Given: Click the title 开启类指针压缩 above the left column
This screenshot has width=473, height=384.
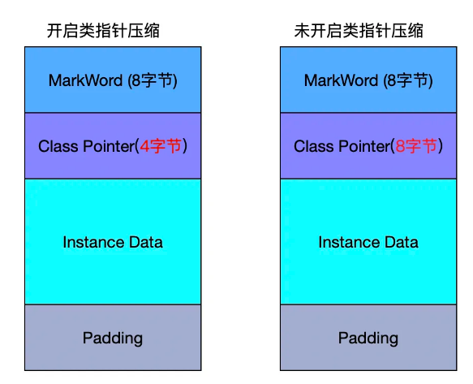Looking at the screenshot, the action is pyautogui.click(x=103, y=31).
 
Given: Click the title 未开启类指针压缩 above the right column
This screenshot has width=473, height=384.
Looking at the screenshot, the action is pyautogui.click(x=359, y=31).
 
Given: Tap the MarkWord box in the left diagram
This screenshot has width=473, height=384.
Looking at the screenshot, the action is pyautogui.click(x=113, y=80).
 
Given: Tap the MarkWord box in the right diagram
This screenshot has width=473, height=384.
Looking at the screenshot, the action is pyautogui.click(x=368, y=80).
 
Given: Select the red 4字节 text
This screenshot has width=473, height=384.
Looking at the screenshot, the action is pyautogui.click(x=161, y=146).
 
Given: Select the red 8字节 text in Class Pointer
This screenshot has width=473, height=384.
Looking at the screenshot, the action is pyautogui.click(x=416, y=146).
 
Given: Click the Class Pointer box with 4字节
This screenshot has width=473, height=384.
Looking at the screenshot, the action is pyautogui.click(x=113, y=146).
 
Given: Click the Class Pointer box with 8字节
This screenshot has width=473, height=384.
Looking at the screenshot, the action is pyautogui.click(x=368, y=146).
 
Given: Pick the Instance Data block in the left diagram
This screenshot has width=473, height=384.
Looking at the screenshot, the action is pyautogui.click(x=113, y=241).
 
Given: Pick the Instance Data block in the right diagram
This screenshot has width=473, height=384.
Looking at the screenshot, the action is pyautogui.click(x=368, y=241).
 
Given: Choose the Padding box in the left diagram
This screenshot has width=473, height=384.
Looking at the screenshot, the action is pyautogui.click(x=113, y=338).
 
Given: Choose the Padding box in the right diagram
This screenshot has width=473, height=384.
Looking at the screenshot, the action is pyautogui.click(x=368, y=338).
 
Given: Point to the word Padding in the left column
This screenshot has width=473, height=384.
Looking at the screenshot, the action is pyautogui.click(x=113, y=339).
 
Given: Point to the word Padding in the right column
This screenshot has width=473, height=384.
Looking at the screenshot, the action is pyautogui.click(x=368, y=339).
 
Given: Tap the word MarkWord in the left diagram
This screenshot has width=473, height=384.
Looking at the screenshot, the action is pyautogui.click(x=86, y=80).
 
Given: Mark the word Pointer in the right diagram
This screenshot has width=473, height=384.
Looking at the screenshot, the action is pyautogui.click(x=365, y=146).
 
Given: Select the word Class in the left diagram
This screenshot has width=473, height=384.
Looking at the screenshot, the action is pyautogui.click(x=58, y=146).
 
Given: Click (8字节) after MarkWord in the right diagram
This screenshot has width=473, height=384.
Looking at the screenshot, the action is pyautogui.click(x=408, y=81).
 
